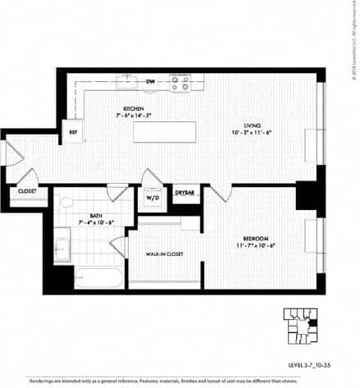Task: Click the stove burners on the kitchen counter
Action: (180, 83)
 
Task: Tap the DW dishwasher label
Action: (151, 82)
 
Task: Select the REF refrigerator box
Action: (73, 132)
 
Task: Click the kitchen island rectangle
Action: (165, 132)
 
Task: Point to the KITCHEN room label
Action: (134, 108)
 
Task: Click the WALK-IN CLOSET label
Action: (164, 253)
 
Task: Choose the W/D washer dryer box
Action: (152, 197)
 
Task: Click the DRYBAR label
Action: (185, 193)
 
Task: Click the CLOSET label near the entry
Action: (27, 193)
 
